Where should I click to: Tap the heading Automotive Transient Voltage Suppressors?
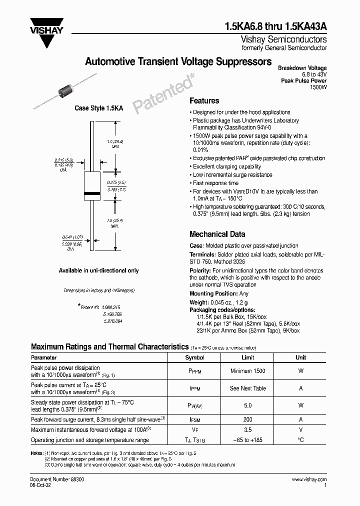click(x=178, y=62)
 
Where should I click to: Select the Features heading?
click(x=204, y=100)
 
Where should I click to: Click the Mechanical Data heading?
click(x=217, y=234)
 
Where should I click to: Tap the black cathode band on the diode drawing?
click(x=91, y=193)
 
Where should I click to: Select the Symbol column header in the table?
click(x=194, y=357)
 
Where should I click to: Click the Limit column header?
click(x=247, y=357)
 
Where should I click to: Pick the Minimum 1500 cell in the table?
click(x=247, y=371)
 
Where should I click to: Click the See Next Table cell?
click(x=247, y=388)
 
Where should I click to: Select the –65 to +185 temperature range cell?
click(x=247, y=440)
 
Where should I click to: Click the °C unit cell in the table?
click(x=300, y=440)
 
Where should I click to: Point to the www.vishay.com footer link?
click(x=309, y=479)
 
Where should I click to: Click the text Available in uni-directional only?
click(x=99, y=270)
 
